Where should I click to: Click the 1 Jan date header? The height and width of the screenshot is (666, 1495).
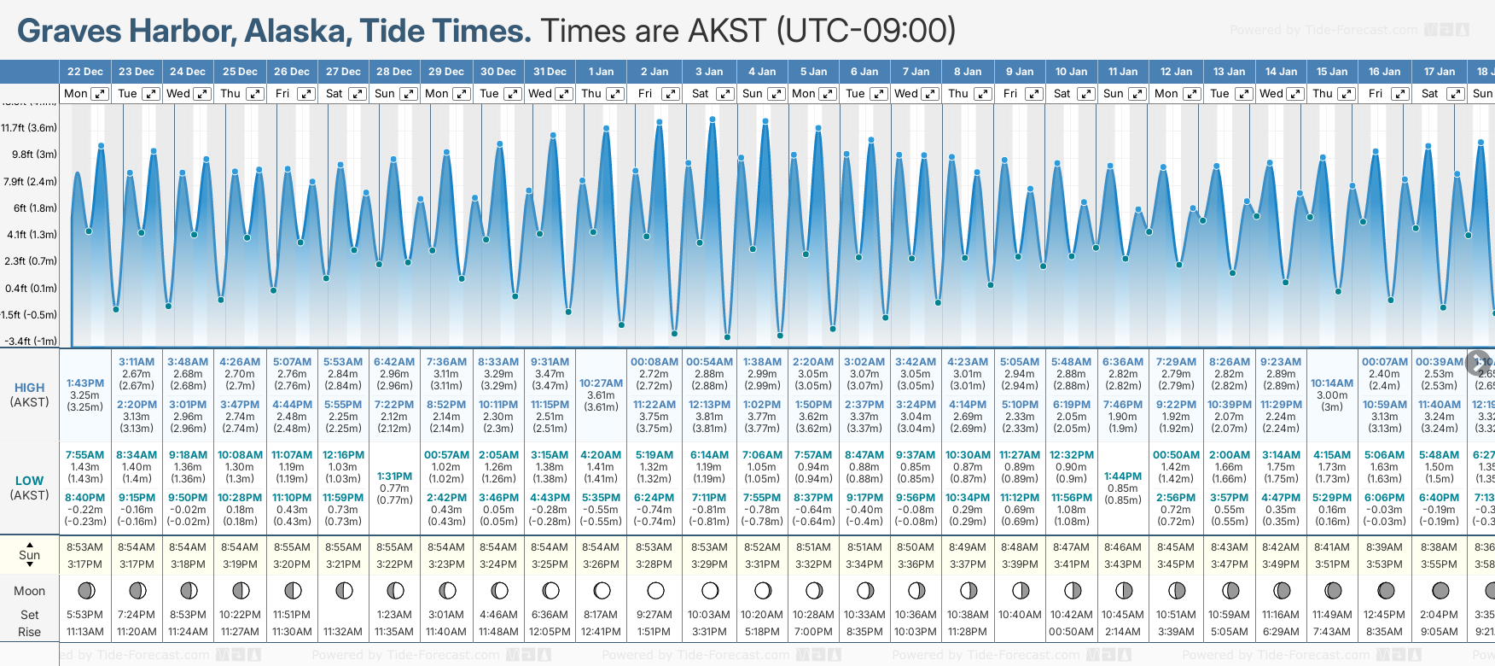click(x=601, y=72)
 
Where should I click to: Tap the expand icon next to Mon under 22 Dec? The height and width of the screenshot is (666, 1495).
click(x=100, y=94)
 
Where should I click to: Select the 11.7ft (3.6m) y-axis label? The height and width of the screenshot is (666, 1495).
click(x=29, y=128)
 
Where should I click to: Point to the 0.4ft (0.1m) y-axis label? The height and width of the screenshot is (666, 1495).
click(x=30, y=288)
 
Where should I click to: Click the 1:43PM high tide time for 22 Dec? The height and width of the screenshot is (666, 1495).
click(x=84, y=383)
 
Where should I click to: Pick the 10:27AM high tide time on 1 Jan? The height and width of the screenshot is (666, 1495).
click(x=601, y=383)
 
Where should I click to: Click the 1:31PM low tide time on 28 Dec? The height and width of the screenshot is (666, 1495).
click(x=394, y=476)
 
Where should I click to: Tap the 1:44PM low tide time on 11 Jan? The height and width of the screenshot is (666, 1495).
click(x=1122, y=476)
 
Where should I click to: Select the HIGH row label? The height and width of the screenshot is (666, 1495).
click(x=29, y=388)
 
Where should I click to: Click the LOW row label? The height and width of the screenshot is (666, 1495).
click(x=29, y=481)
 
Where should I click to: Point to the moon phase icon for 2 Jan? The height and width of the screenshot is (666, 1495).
click(x=655, y=590)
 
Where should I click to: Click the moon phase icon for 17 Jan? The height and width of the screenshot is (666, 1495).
click(x=1440, y=590)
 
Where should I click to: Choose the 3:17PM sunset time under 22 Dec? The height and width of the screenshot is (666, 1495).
click(x=84, y=564)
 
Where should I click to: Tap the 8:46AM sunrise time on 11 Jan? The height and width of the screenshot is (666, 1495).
click(x=1122, y=547)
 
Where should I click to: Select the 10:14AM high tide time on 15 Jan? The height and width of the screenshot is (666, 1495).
click(x=1332, y=383)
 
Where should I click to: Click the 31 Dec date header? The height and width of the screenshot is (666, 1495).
click(x=550, y=72)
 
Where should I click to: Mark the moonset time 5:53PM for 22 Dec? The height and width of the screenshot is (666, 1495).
click(x=84, y=615)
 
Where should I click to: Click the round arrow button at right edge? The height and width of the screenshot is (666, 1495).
click(x=1478, y=362)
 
